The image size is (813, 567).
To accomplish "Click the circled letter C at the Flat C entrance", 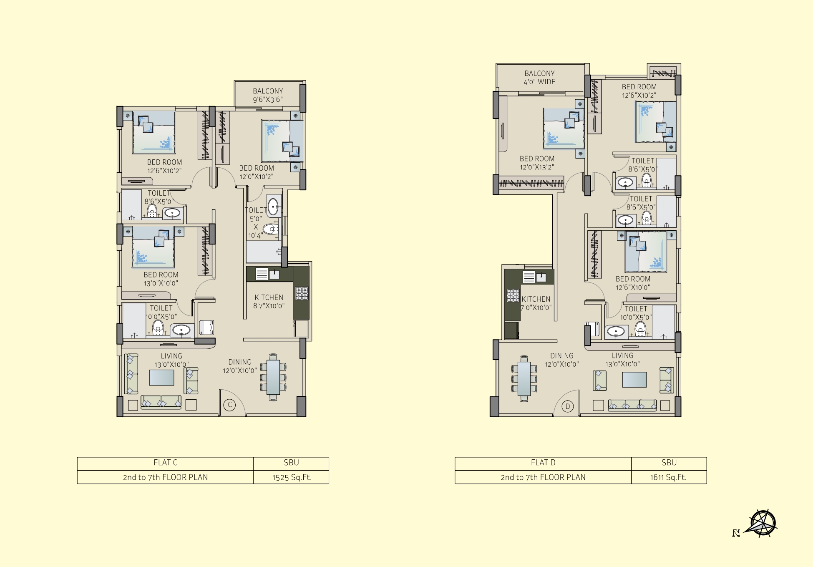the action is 229,404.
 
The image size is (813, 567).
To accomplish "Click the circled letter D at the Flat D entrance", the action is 567,406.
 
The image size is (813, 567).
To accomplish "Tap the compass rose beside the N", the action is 762,523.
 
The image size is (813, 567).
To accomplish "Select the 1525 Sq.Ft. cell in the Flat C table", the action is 291,477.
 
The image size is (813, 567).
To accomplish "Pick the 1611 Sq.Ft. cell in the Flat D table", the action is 669,477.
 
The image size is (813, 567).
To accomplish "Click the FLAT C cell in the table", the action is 166,463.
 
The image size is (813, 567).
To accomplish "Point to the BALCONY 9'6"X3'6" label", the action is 268,95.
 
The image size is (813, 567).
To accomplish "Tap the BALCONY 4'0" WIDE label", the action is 539,78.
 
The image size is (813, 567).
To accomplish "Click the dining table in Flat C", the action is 273,377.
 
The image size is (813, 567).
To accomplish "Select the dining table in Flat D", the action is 524,379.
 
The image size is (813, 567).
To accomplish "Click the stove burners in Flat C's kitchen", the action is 302,293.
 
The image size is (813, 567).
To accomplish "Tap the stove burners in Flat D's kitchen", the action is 513,295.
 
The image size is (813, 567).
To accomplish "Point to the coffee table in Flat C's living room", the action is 162,378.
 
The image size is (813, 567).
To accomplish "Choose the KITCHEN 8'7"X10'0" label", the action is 269,302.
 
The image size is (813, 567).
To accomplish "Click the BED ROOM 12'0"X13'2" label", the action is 537,163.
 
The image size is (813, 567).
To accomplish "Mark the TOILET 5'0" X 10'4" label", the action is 255,223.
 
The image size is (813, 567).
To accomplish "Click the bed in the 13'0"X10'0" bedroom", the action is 153,247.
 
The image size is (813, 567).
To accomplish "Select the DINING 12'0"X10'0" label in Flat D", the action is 561,360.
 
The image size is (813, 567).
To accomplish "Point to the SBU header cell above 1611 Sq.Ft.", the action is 669,463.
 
